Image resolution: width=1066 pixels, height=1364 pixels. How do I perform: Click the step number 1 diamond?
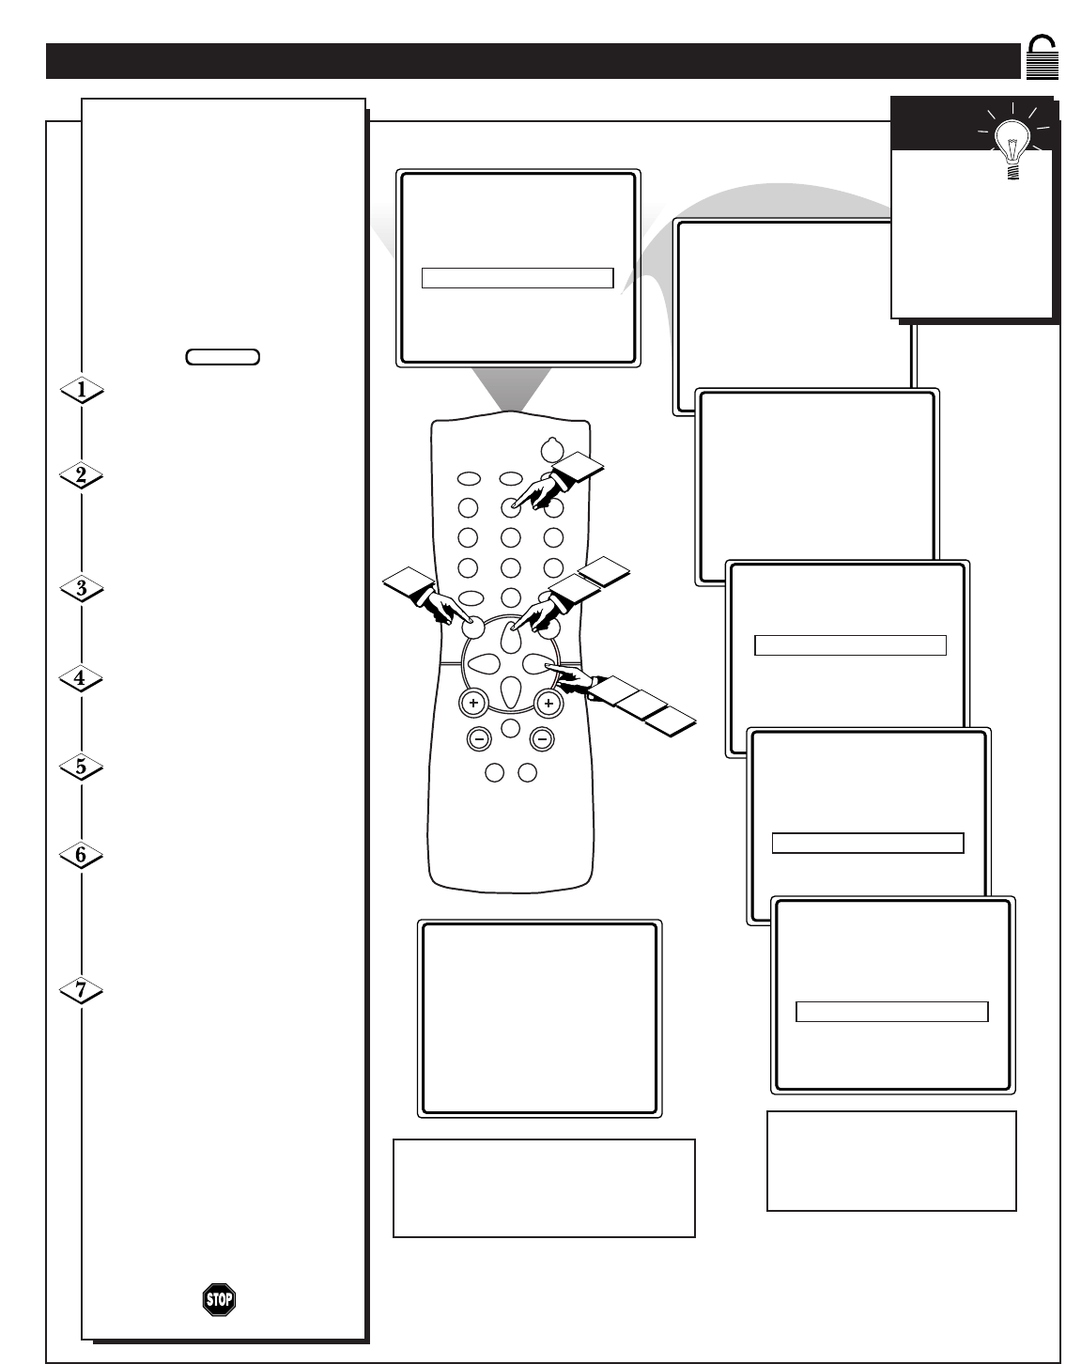click(82, 391)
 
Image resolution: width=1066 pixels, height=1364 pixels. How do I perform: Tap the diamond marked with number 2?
click(82, 475)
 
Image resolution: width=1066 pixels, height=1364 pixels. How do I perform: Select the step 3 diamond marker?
click(82, 589)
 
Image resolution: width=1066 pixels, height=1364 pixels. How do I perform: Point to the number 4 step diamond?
click(81, 678)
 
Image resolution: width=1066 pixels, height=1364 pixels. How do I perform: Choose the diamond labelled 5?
click(81, 767)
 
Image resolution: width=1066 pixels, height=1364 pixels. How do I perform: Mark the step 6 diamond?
click(81, 856)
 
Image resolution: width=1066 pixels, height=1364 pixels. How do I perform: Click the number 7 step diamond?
click(81, 990)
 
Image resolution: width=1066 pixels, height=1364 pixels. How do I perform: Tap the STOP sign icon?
click(219, 1299)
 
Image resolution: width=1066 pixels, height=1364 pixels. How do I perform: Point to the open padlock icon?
click(1042, 57)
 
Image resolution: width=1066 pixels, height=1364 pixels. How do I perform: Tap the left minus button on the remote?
click(479, 739)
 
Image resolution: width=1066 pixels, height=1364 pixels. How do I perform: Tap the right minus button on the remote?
click(542, 739)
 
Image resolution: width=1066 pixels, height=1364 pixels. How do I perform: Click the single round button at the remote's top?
click(551, 451)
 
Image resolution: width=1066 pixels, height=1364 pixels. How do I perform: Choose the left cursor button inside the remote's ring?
click(484, 663)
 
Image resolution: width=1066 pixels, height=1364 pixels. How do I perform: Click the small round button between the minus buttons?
click(511, 728)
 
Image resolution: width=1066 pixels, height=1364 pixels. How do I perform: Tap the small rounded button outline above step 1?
click(223, 357)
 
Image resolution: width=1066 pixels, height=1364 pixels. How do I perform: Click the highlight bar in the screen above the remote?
click(518, 278)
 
